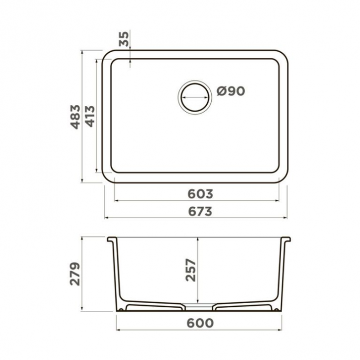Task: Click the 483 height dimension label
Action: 76,116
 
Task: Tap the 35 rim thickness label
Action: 124,39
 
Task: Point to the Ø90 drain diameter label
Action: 231,91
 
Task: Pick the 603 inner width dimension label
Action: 200,194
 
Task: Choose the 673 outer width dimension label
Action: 200,211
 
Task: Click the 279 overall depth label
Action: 76,273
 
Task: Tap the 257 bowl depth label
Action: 191,270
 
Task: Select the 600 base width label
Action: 200,323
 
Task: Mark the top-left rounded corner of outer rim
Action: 108,56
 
